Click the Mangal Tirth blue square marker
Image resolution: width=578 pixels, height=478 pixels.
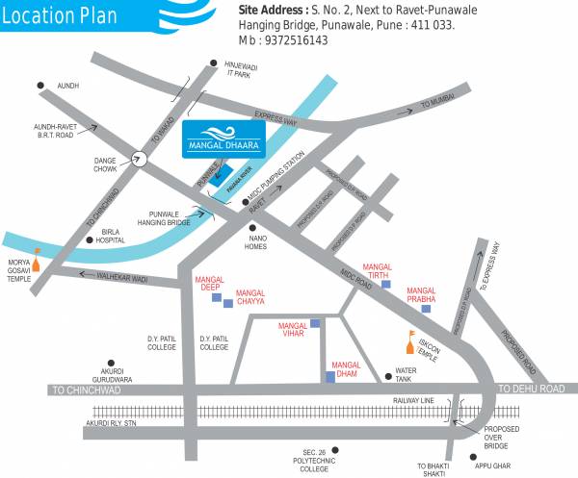coord(385,287)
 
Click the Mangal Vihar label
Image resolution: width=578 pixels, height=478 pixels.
coord(292,330)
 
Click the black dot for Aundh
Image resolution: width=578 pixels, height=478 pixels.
coord(41,87)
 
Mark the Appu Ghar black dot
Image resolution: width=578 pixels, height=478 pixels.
coord(473,457)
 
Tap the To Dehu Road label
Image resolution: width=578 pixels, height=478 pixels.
coord(530,389)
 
